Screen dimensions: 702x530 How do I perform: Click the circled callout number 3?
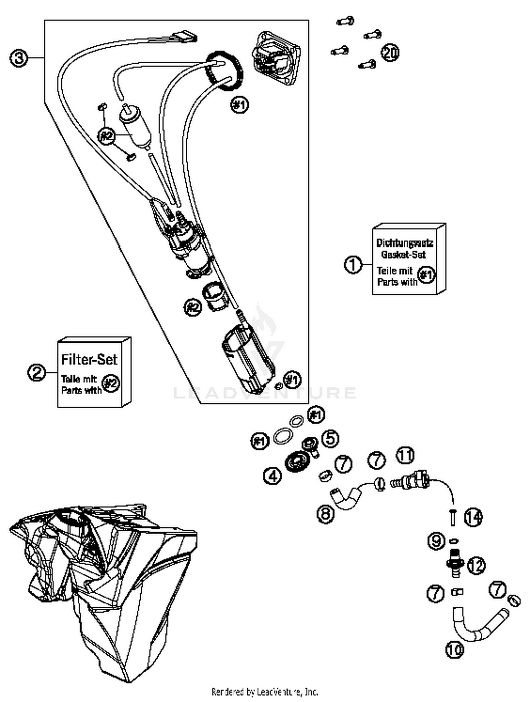point(18,58)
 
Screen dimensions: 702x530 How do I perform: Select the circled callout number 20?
point(390,53)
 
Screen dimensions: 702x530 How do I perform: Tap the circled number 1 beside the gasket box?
point(353,264)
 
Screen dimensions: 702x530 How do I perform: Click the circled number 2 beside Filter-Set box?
point(37,372)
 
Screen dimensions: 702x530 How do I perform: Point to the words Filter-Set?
point(89,359)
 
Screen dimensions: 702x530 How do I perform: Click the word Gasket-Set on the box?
point(403,254)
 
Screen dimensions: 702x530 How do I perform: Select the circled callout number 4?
point(273,476)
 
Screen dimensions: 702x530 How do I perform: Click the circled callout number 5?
point(330,438)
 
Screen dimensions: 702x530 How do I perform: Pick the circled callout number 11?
point(405,455)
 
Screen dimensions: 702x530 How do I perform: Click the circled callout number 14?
point(473,518)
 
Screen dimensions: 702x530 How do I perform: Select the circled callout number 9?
point(436,541)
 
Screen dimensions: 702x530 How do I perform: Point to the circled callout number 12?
point(476,566)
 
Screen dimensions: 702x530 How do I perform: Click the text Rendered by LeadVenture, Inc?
point(265,691)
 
